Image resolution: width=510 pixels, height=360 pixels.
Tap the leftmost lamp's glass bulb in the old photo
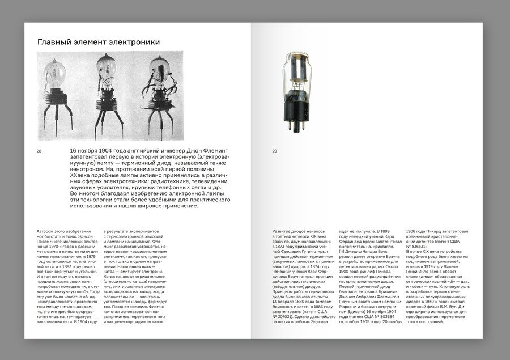[55, 71]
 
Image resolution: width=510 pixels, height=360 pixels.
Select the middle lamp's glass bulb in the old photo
[106, 66]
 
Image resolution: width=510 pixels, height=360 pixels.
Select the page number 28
[39, 151]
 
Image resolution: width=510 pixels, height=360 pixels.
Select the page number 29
[274, 151]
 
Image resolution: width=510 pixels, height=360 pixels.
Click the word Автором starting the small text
[47, 232]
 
